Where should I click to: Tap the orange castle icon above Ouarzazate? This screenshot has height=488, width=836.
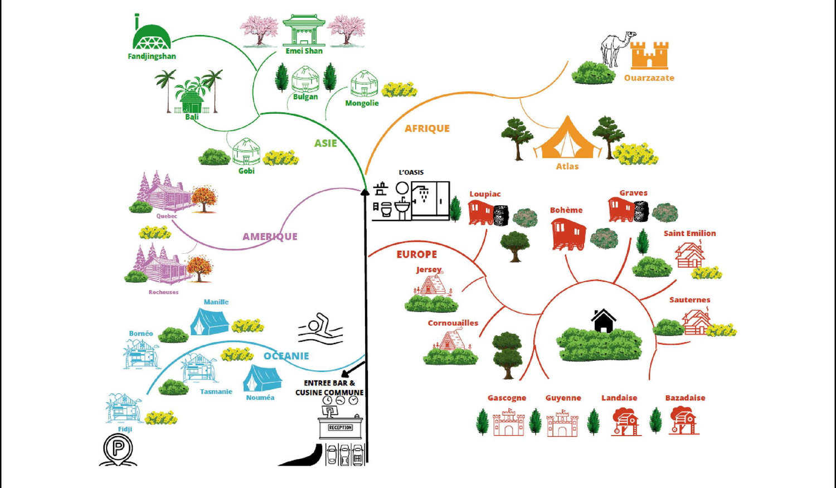pos(649,55)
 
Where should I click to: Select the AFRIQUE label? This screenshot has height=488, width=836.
pos(427,128)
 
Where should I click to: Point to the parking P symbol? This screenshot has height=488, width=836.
pos(118,449)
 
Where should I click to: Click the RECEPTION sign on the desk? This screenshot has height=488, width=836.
pos(341,428)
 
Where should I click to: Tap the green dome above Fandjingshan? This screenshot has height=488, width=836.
pos(152,37)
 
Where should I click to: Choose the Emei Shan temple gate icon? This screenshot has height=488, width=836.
pos(304,30)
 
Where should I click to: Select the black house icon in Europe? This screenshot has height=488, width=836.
pos(603,321)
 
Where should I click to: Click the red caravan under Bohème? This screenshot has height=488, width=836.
pos(568,234)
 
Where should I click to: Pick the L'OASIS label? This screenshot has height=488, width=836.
pos(411,172)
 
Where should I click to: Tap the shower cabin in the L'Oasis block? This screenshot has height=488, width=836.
pos(430,201)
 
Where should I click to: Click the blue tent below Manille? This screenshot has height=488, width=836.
pos(210,321)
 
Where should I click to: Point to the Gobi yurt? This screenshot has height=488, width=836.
pos(246,151)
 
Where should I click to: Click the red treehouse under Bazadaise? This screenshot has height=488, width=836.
pos(684,421)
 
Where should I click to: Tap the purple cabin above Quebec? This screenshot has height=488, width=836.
pos(166,192)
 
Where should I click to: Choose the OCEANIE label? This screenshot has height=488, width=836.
pos(286,356)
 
